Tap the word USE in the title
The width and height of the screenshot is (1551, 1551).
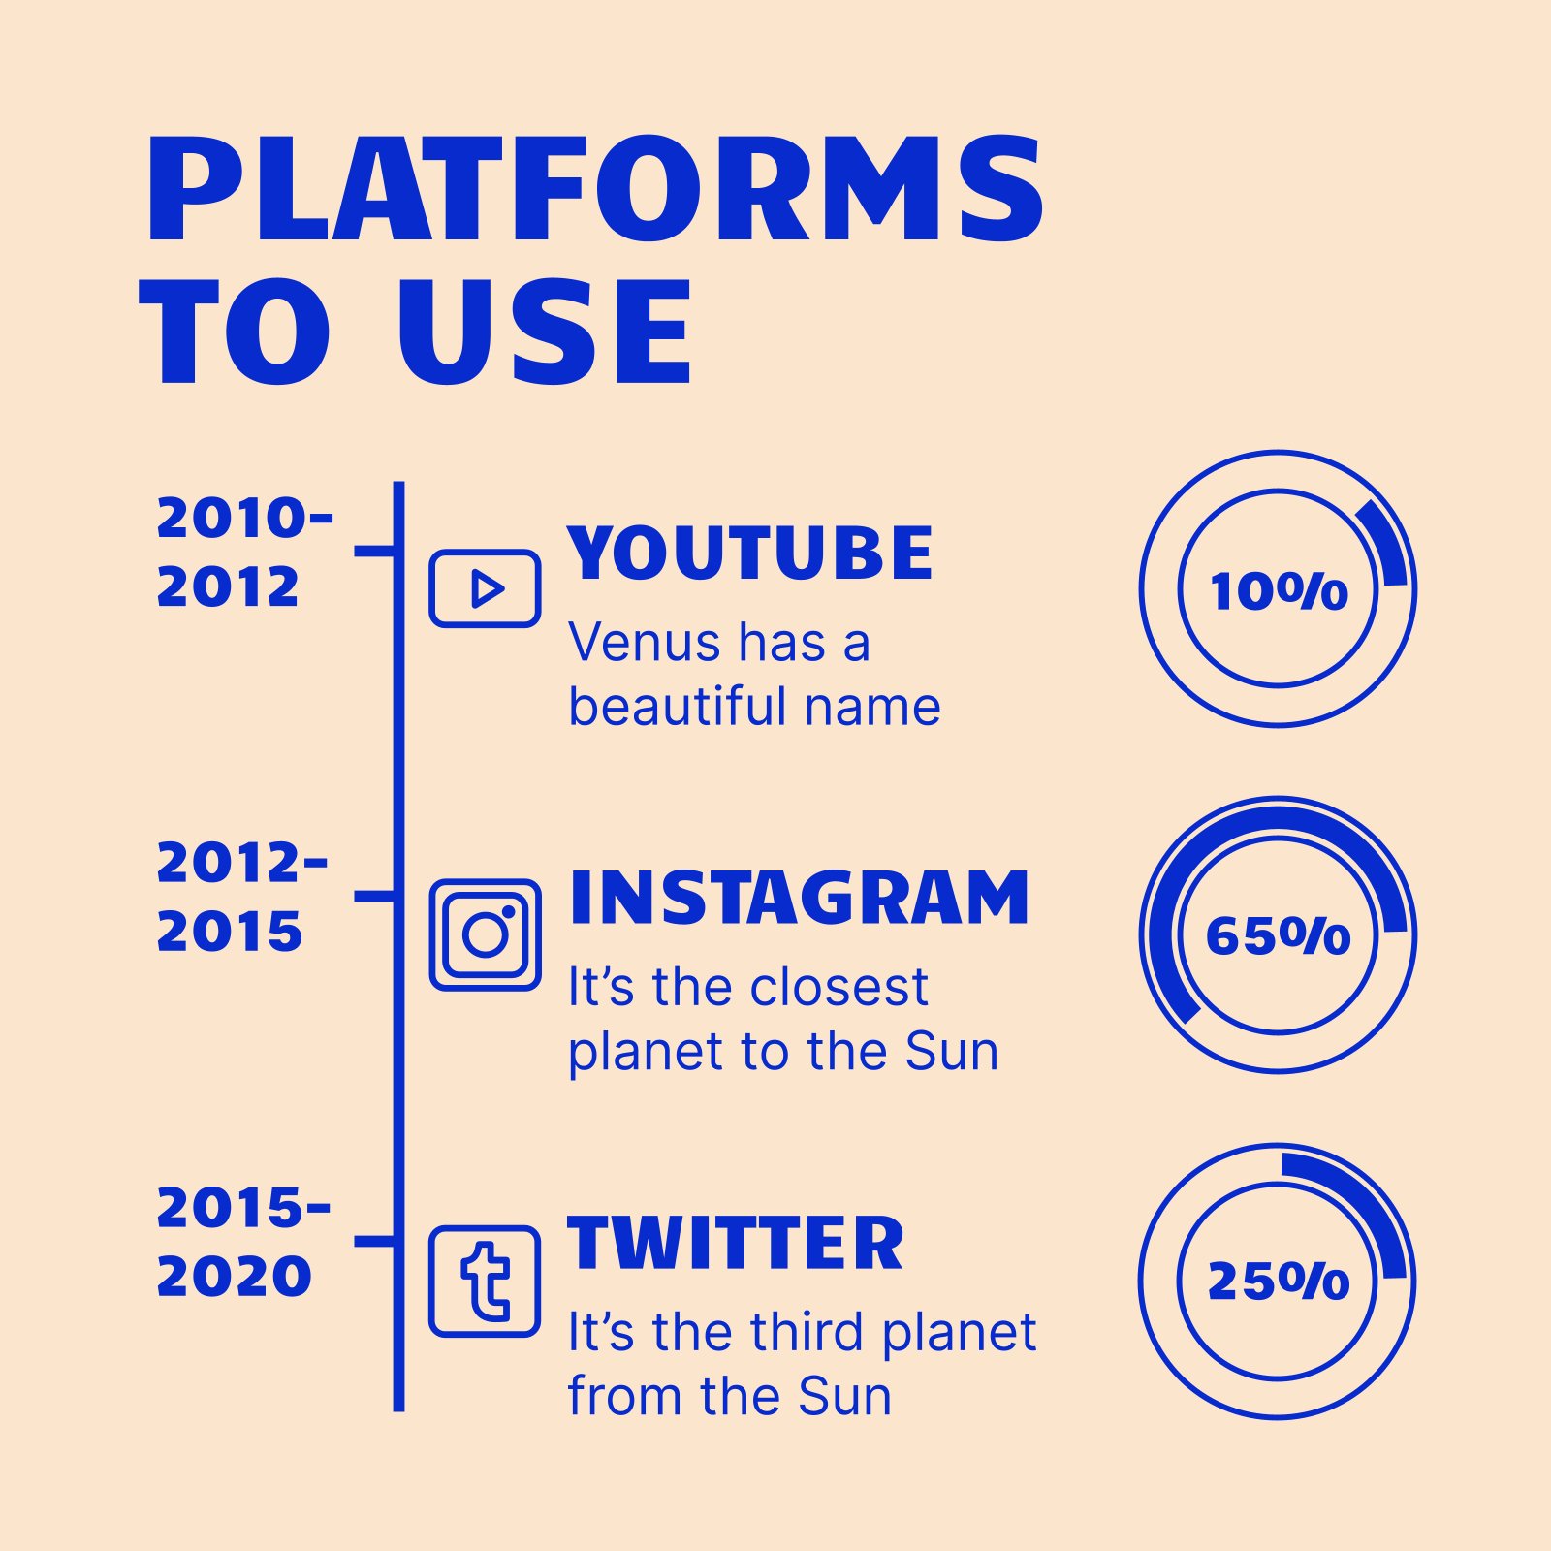[545, 332]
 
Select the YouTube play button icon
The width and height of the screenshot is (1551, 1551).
[485, 588]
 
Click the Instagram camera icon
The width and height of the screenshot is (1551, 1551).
[485, 934]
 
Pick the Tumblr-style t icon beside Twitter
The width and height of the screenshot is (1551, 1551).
[485, 1281]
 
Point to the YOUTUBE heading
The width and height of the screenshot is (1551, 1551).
[750, 554]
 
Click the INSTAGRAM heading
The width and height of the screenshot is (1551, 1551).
[799, 899]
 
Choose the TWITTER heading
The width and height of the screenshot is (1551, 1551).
[736, 1244]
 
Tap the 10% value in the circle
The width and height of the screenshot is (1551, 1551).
[1279, 590]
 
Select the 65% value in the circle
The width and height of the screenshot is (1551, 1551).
[1279, 935]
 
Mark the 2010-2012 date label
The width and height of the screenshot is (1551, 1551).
[244, 553]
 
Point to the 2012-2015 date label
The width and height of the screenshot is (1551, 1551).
[242, 897]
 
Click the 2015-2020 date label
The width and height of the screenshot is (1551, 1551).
[243, 1242]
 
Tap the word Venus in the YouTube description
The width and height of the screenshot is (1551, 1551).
[644, 643]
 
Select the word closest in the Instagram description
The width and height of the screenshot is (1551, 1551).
[839, 987]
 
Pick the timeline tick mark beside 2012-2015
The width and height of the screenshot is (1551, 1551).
[374, 897]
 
